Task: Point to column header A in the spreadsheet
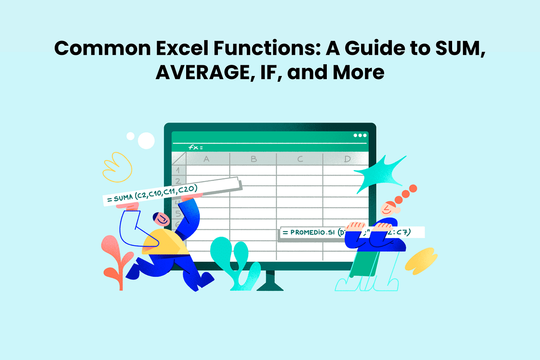click(x=206, y=159)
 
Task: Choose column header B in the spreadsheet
click(x=253, y=159)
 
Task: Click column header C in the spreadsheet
click(x=300, y=159)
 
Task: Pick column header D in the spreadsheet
click(x=347, y=159)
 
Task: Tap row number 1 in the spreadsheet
click(x=178, y=170)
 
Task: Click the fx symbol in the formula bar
click(x=193, y=147)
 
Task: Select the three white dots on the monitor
click(x=360, y=135)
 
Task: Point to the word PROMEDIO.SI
click(x=313, y=232)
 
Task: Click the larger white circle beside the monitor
click(x=146, y=141)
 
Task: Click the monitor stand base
click(x=270, y=285)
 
